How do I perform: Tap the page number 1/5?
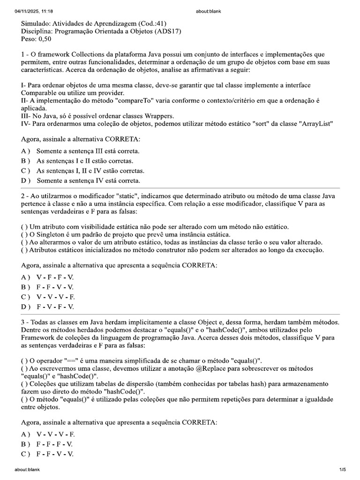point(342,469)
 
